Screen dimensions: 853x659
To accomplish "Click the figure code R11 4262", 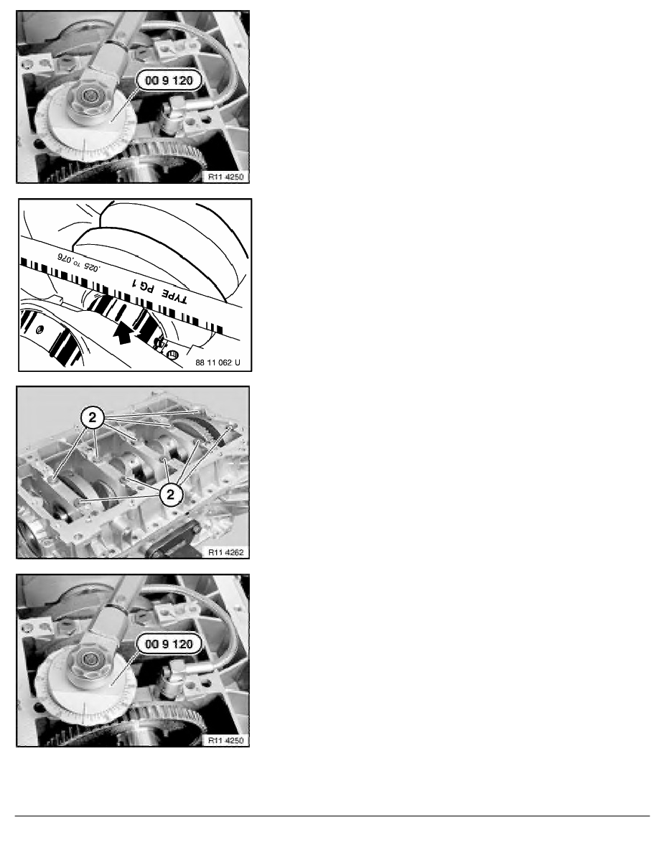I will (226, 551).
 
